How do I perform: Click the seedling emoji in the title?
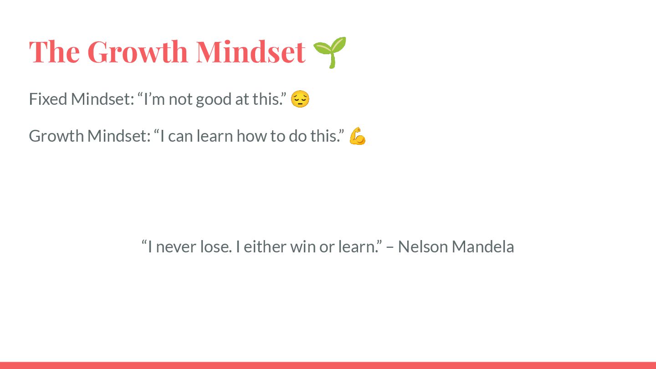click(x=330, y=52)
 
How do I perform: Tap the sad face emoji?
click(x=300, y=99)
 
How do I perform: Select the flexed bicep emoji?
click(x=358, y=136)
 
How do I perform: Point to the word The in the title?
click(x=54, y=52)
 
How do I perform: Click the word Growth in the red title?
click(x=138, y=52)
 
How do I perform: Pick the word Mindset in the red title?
click(x=251, y=52)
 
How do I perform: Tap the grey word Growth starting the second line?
click(x=56, y=136)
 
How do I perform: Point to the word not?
click(x=180, y=100)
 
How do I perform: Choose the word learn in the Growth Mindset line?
click(x=215, y=136)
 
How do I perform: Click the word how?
click(x=251, y=136)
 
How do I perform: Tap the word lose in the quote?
click(x=216, y=246)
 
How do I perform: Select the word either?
click(x=265, y=246)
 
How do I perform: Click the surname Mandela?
click(x=483, y=246)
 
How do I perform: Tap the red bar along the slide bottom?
click(x=328, y=365)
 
